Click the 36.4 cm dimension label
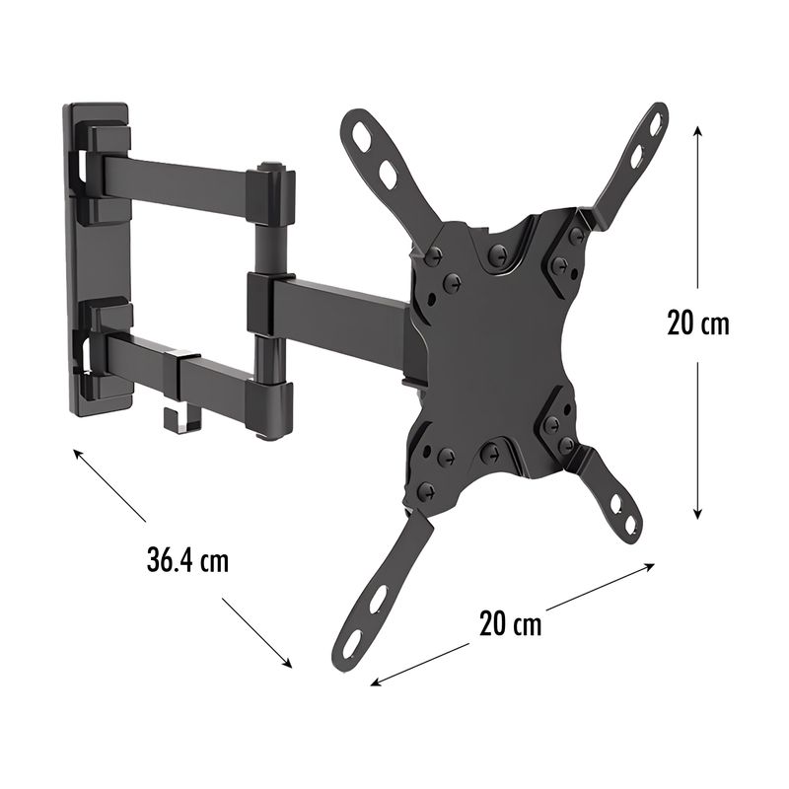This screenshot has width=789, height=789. click(187, 560)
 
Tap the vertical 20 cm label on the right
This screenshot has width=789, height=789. click(698, 323)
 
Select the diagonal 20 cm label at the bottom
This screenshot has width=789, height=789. click(510, 624)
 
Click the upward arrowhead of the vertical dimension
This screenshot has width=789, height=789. click(697, 132)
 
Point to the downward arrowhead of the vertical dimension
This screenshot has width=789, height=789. click(697, 512)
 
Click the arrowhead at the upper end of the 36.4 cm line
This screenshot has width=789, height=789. click(79, 454)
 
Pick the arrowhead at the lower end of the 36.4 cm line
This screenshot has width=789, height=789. click(287, 662)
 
